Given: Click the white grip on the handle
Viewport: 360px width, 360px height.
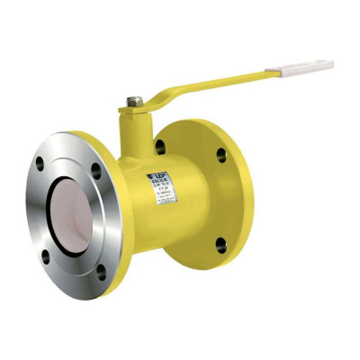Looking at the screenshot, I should [307, 67].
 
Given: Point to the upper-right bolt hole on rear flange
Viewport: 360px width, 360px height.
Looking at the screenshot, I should [221, 155].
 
